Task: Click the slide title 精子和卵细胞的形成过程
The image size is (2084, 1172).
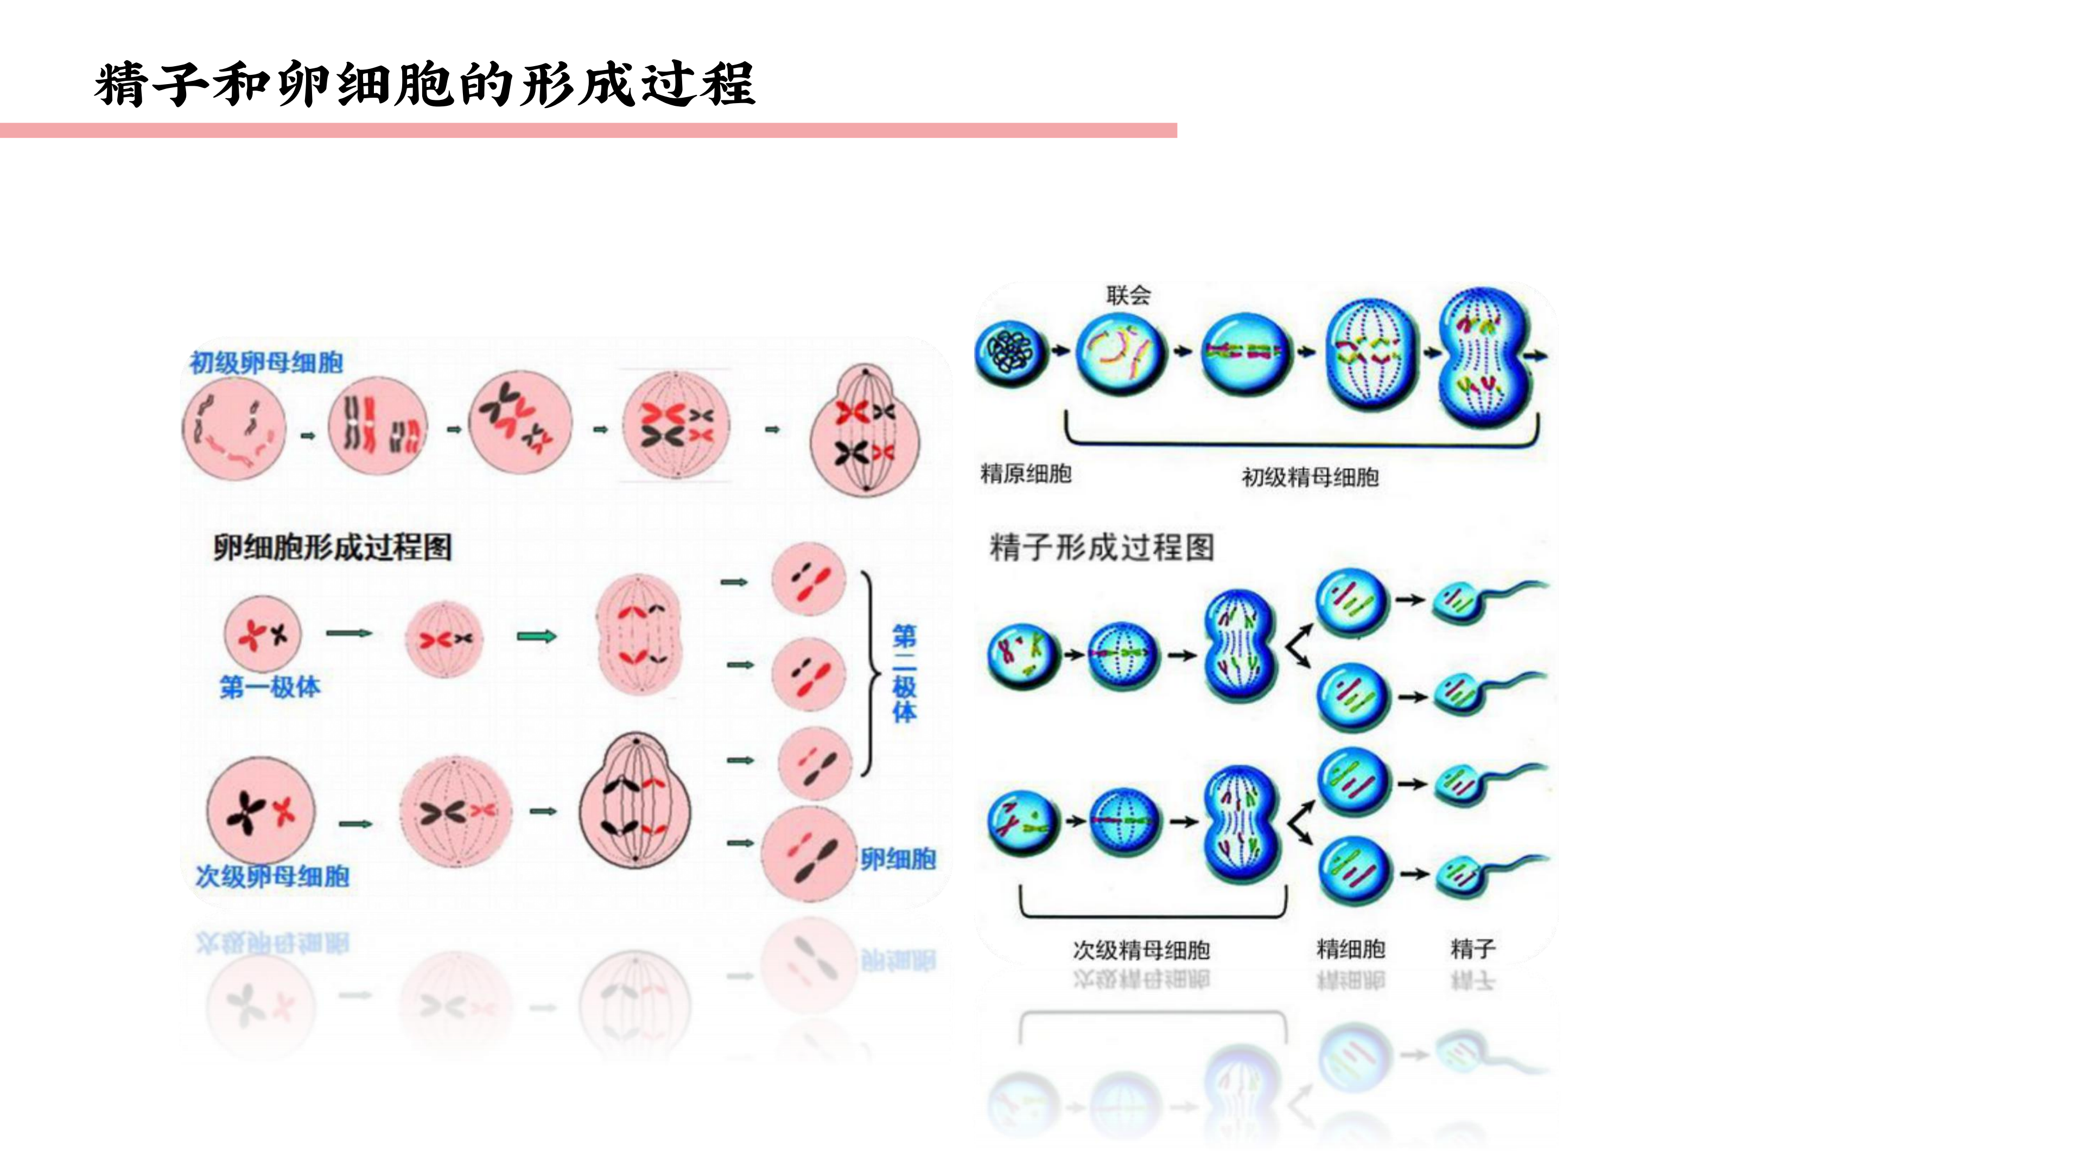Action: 425,84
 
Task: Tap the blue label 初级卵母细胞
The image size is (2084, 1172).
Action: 266,362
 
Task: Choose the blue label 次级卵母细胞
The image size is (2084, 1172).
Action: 272,876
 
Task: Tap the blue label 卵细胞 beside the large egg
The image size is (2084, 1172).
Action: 898,859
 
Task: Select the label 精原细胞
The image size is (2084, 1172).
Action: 1026,473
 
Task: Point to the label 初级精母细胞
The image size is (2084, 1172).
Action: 1310,477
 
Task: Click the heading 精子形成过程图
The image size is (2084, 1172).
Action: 1102,547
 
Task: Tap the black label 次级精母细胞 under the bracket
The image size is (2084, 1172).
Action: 1141,950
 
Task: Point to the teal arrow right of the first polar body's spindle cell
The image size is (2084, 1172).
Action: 536,636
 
